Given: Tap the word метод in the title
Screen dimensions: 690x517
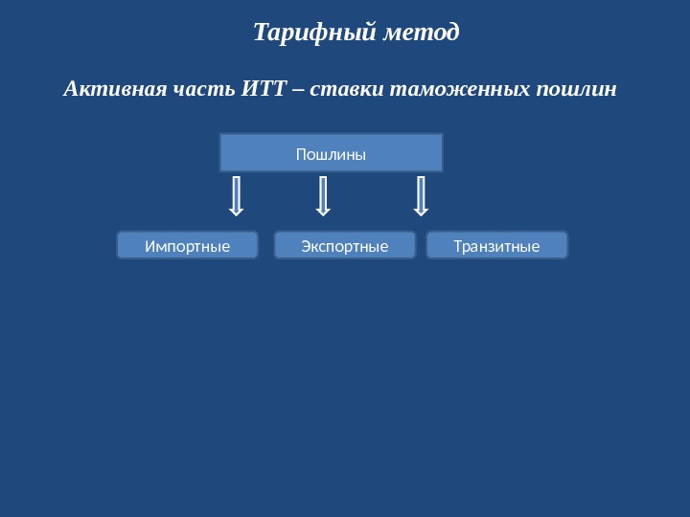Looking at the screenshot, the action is coord(421,33).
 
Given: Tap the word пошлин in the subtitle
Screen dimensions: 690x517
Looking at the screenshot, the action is coord(577,90).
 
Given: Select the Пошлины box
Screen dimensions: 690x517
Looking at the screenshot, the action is coord(332,152).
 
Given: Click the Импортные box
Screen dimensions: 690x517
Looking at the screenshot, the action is coord(188,245).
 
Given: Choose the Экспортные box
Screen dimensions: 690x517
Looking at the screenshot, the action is coord(345,245).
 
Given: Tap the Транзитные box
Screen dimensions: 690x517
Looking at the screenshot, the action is coord(496,245).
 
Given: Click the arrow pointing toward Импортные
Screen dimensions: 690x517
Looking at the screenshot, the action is coord(236,195).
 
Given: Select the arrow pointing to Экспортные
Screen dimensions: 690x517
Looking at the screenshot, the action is coord(323,195).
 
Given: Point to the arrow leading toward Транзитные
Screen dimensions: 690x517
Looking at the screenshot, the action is coord(420,195).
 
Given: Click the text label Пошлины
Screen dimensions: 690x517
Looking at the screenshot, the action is coord(332,153).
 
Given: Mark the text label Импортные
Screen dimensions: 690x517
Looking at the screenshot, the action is coord(188,247).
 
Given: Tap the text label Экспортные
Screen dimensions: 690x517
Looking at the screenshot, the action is coord(345,247).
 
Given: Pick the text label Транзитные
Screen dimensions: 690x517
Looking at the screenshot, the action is coord(496,247).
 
